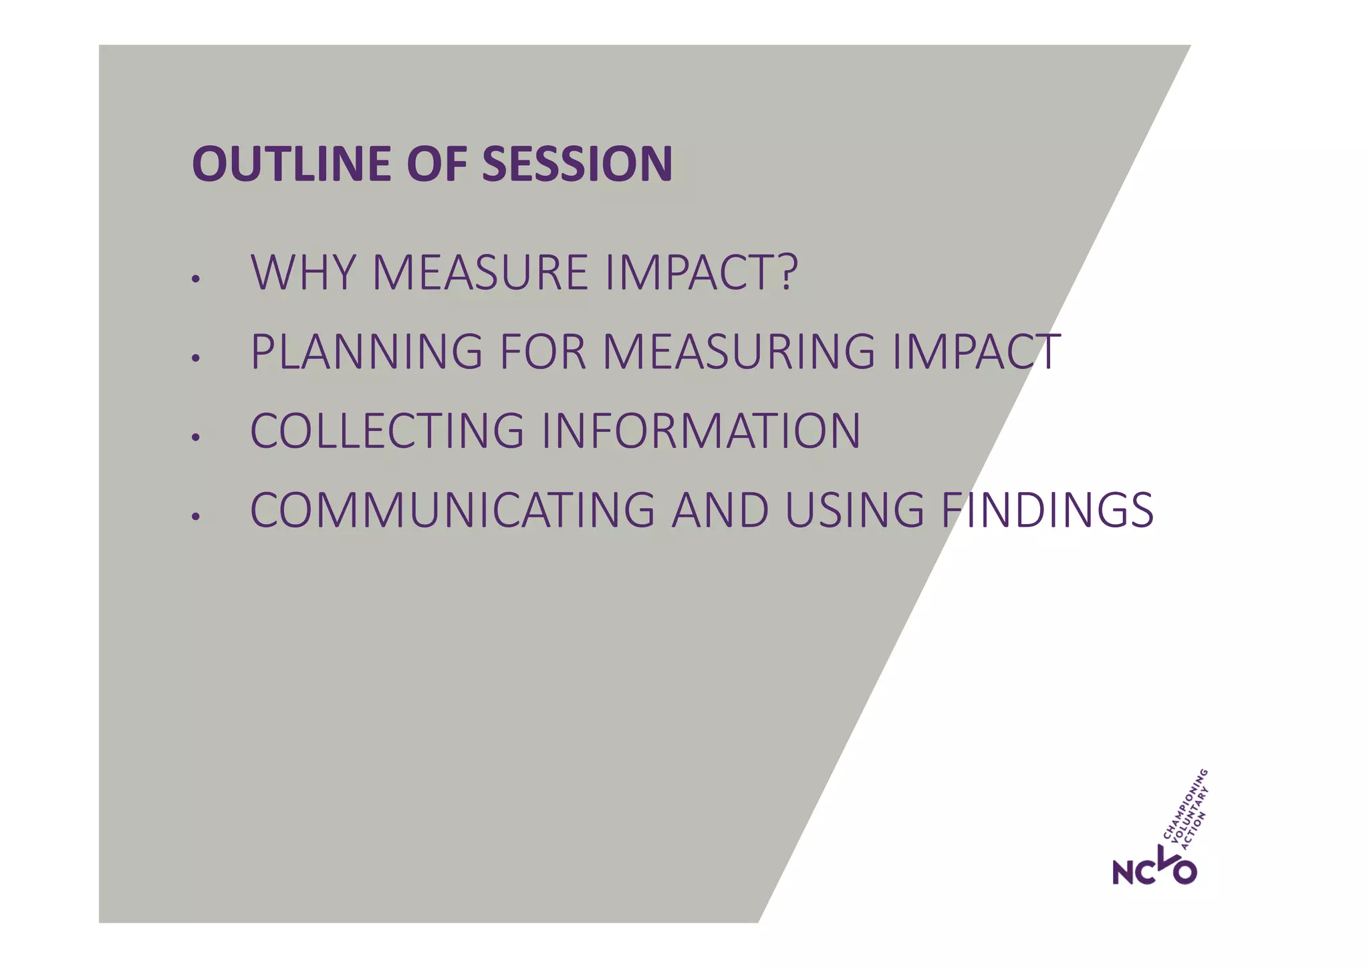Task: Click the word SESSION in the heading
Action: point(577,164)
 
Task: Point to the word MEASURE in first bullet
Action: point(479,273)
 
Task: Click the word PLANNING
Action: point(366,352)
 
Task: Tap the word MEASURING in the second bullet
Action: point(739,352)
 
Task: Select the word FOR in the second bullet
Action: point(542,352)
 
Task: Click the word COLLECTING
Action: point(387,431)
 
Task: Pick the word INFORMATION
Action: point(701,431)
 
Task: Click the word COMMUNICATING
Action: point(452,511)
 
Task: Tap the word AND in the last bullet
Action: point(720,511)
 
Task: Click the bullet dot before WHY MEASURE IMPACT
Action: point(195,279)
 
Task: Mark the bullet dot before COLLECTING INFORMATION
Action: point(195,438)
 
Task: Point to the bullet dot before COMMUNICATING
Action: point(195,517)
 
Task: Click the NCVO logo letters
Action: point(1154,869)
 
